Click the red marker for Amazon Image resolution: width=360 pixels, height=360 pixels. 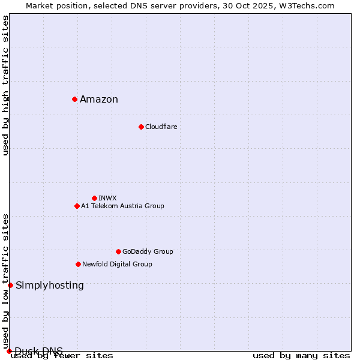(x=74, y=99)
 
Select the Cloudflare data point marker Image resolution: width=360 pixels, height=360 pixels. (x=141, y=127)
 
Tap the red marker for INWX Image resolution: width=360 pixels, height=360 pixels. (x=94, y=198)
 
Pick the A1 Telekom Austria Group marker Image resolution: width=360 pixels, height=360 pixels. (x=77, y=206)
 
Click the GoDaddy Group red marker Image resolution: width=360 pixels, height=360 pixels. (x=118, y=251)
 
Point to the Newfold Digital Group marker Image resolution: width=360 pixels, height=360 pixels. (x=78, y=264)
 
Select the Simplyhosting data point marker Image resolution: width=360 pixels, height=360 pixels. (x=10, y=285)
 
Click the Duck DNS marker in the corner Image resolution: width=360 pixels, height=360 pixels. (x=9, y=351)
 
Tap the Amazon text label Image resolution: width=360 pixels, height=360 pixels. (x=99, y=100)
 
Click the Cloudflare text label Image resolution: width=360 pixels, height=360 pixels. (x=161, y=127)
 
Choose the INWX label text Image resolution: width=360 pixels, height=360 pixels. (x=107, y=198)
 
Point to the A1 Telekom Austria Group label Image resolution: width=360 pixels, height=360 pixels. (x=122, y=206)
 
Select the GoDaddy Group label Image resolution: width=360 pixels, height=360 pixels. (x=148, y=251)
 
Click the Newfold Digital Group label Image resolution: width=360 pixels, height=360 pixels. (x=117, y=264)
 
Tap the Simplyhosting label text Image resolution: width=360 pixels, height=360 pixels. (x=50, y=285)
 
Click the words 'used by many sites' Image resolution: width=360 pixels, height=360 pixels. (x=301, y=355)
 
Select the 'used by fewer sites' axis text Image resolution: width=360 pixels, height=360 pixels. (x=62, y=355)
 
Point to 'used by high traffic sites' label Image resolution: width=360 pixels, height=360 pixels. (x=6, y=85)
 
